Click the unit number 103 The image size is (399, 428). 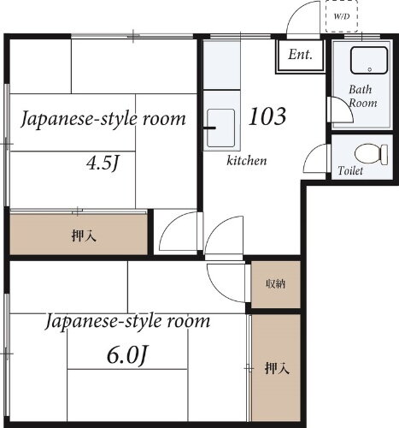[x=267, y=116]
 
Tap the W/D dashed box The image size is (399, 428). [x=342, y=16]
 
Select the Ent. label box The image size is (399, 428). [x=299, y=56]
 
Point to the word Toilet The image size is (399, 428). [x=350, y=171]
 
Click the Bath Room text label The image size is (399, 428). [x=362, y=96]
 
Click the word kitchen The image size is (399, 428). [x=247, y=161]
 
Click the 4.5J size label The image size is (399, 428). [x=103, y=162]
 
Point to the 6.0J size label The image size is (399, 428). [x=127, y=353]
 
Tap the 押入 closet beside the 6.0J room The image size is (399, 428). [x=275, y=370]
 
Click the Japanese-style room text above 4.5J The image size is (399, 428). [x=103, y=118]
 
